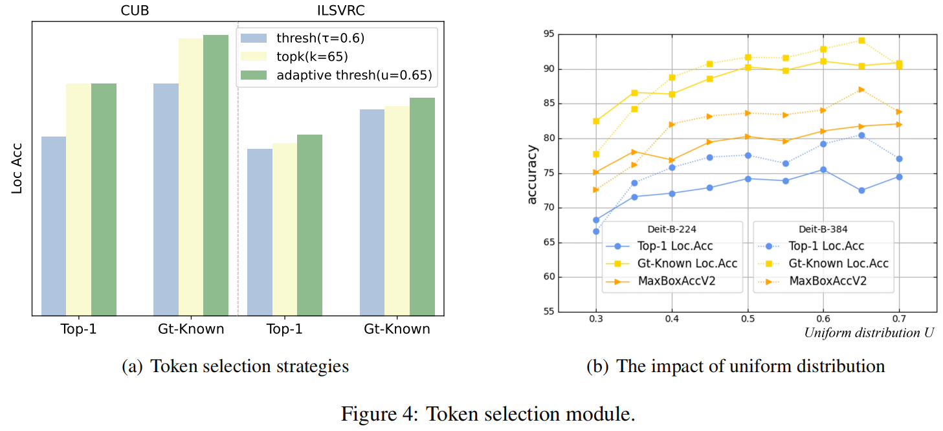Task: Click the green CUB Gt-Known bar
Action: pos(216,175)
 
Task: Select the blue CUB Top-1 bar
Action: pos(54,226)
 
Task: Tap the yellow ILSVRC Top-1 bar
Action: pos(285,229)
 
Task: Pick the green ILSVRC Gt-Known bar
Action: pos(422,206)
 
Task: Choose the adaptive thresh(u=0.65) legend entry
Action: pos(353,75)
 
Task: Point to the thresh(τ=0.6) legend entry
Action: pos(320,38)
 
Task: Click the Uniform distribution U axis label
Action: pos(869,333)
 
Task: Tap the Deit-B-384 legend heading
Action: pos(823,228)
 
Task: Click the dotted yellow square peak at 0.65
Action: pos(861,40)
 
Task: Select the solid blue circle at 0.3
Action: pos(596,220)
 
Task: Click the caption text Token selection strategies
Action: pos(249,367)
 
